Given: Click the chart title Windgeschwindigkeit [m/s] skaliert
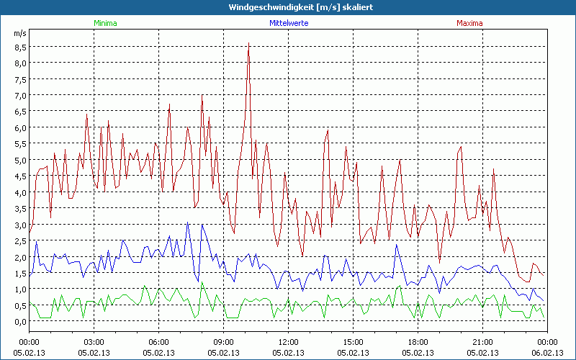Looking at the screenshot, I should click(x=288, y=6).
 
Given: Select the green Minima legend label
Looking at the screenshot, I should click(x=104, y=23).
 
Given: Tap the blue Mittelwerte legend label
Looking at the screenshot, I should click(x=288, y=23).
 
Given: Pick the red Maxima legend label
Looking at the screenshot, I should click(x=470, y=23).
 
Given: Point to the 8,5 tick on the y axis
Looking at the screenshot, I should click(x=20, y=47).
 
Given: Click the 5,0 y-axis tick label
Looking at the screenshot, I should click(x=20, y=161).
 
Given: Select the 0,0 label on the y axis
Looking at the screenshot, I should click(x=20, y=322).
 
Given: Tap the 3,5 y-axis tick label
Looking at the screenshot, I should click(x=20, y=209).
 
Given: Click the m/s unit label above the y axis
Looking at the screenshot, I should click(x=19, y=33).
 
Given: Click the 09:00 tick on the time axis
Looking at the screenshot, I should click(x=223, y=341).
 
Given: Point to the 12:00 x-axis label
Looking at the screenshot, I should click(x=288, y=341).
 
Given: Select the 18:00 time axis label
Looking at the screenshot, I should click(x=418, y=341).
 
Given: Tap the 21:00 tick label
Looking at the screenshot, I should click(x=482, y=341).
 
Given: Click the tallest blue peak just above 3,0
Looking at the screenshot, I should click(x=188, y=222).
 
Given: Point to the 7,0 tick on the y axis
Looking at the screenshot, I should click(x=20, y=96).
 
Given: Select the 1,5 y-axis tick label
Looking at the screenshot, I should click(x=20, y=274).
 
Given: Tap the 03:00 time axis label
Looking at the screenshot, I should click(x=94, y=341).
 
